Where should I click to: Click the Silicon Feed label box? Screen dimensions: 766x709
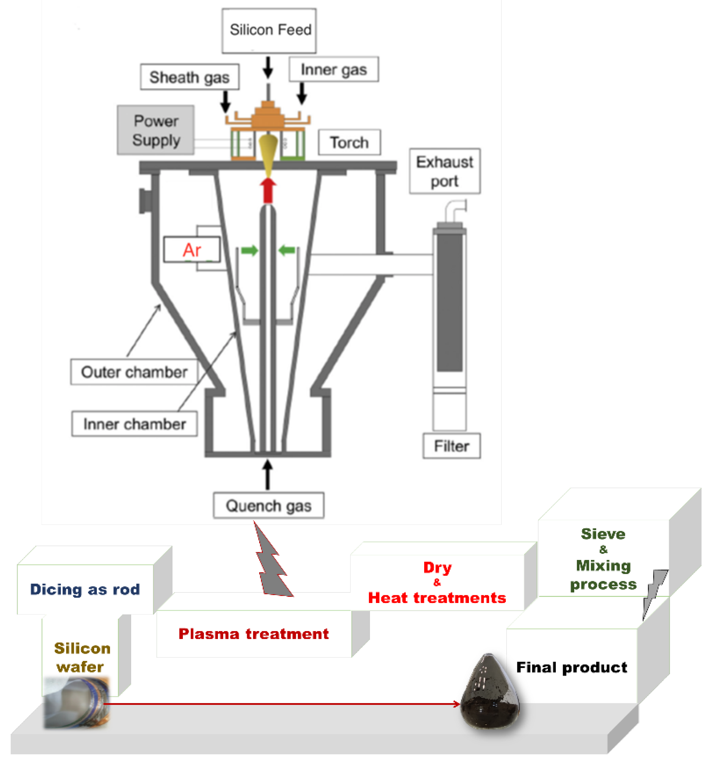[269, 30]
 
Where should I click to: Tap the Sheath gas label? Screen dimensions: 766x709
[190, 77]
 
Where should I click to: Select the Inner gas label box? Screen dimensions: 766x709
[333, 69]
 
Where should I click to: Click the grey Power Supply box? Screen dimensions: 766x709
[156, 130]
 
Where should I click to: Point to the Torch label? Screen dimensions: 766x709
[349, 142]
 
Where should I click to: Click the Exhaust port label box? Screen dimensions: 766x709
[444, 171]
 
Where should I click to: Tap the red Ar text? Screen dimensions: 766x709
[192, 250]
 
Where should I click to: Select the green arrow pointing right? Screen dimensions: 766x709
[249, 251]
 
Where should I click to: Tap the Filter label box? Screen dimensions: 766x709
[451, 446]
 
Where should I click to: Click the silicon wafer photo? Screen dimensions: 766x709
[76, 703]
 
